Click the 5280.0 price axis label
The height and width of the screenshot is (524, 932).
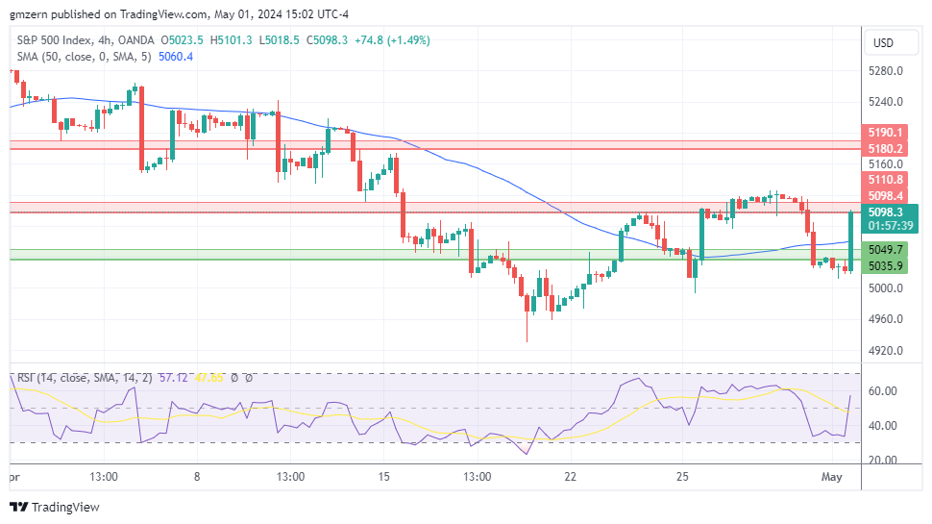tap(886, 70)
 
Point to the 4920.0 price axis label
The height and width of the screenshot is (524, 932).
tap(886, 350)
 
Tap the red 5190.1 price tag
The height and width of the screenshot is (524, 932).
tap(885, 132)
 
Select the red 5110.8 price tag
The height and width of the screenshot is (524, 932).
tap(885, 179)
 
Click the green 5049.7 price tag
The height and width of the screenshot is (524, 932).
tap(885, 248)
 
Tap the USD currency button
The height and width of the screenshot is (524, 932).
tap(881, 43)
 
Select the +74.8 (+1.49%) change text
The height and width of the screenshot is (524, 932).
tap(392, 40)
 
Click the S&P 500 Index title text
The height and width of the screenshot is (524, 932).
tap(56, 40)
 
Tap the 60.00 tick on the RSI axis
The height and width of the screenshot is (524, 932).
tap(883, 391)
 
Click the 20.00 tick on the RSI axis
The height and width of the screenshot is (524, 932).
tap(883, 460)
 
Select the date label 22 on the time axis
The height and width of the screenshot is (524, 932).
tap(570, 477)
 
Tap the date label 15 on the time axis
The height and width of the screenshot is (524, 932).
tap(383, 477)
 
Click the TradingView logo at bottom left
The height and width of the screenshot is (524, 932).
tap(55, 507)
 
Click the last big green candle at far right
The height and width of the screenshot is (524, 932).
tap(851, 240)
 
